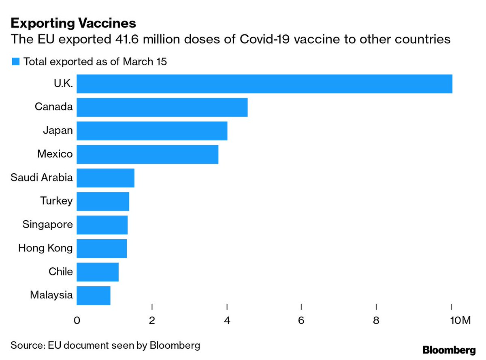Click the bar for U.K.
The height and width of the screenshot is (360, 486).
coord(264,84)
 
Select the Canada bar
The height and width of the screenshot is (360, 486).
coord(162,107)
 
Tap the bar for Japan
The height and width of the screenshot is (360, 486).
coord(152,131)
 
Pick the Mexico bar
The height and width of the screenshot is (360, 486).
coord(147,154)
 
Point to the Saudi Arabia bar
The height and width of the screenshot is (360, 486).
coord(105,178)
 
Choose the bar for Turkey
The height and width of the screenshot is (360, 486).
coord(103,201)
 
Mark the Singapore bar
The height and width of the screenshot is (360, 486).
coord(102,225)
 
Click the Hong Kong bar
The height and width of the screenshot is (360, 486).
coord(102,248)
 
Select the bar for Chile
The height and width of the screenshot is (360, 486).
coord(98,272)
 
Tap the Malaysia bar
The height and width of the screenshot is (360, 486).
coord(94,295)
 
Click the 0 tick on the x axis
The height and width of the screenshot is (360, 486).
coord(77,321)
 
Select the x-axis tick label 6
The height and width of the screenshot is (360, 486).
coord(301,321)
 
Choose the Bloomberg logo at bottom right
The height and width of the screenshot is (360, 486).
coord(449,349)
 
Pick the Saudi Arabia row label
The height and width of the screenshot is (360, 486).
coord(42,178)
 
